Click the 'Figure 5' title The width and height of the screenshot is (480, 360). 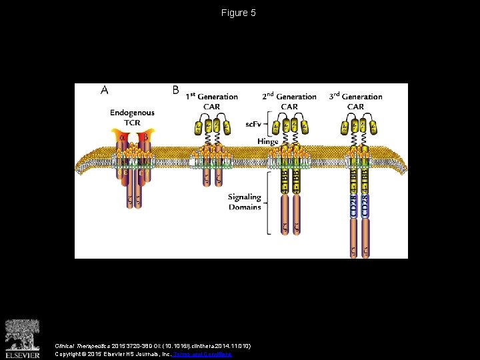[239, 13]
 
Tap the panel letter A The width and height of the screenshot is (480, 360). [105, 90]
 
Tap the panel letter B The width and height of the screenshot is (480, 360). [175, 89]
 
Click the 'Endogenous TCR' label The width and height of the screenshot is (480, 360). [132, 118]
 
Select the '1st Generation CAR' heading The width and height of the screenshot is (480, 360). [211, 101]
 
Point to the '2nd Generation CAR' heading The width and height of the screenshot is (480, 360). [289, 101]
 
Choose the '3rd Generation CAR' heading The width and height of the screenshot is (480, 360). [355, 101]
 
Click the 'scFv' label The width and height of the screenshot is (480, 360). [254, 123]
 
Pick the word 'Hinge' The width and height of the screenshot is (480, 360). [267, 141]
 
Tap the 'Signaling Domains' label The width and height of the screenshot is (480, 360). [244, 202]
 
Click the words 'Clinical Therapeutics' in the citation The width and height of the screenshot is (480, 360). [74, 345]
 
